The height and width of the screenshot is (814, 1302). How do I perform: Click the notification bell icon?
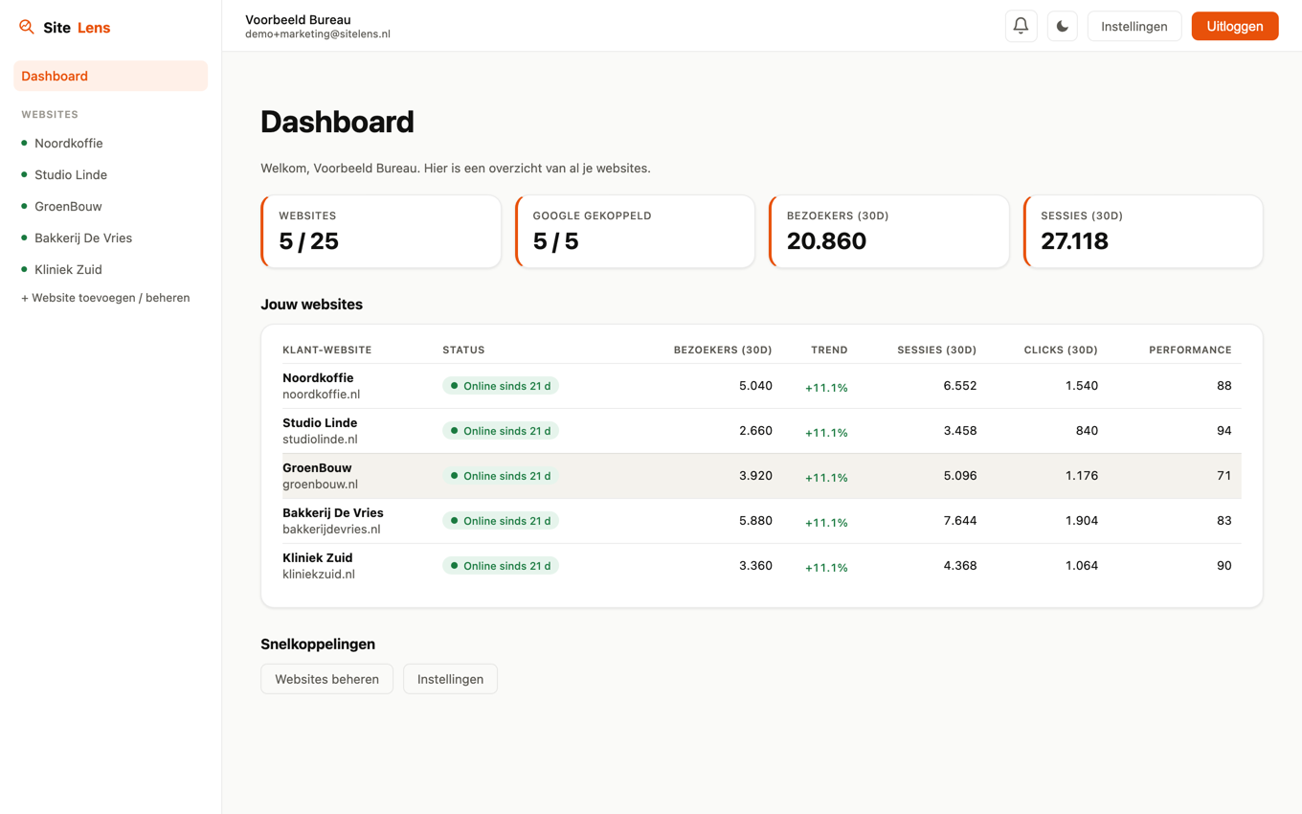click(1021, 26)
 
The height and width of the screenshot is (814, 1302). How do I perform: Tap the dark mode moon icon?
click(1062, 26)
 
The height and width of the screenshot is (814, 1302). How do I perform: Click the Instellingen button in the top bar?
click(1134, 26)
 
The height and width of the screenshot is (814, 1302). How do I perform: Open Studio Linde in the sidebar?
click(70, 174)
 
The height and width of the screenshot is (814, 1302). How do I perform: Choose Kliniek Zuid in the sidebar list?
click(68, 269)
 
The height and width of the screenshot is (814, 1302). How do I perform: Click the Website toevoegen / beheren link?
click(105, 298)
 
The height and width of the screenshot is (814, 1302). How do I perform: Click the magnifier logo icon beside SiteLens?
click(26, 27)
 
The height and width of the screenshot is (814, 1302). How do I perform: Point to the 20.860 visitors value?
click(826, 240)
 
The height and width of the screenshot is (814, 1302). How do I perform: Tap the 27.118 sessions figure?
click(1074, 240)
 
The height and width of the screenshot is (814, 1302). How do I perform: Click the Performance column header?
click(1190, 350)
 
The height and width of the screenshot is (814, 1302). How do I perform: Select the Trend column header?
click(829, 350)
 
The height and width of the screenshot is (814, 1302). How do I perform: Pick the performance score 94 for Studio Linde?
click(1223, 430)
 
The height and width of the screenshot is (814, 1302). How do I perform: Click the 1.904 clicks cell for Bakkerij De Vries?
click(1081, 520)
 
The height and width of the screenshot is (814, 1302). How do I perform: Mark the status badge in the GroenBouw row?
click(501, 476)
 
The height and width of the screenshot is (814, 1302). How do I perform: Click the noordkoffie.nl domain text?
click(321, 395)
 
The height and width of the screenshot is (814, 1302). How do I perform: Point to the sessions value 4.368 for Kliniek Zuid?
click(959, 565)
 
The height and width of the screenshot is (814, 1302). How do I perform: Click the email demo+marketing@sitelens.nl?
click(318, 34)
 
